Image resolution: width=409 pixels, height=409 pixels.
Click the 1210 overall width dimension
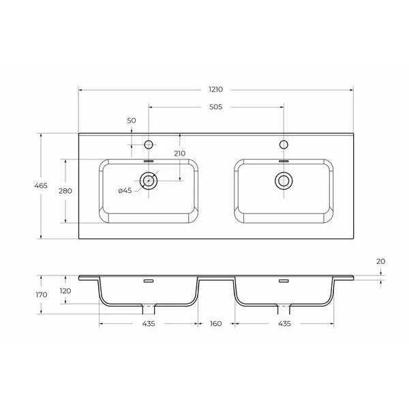[216, 89]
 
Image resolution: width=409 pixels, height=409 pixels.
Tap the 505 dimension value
[216, 107]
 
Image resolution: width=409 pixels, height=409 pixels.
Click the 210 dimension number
[179, 153]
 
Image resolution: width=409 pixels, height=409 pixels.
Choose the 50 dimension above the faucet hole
[131, 121]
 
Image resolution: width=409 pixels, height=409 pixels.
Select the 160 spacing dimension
[216, 323]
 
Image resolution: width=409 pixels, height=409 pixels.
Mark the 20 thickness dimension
[380, 261]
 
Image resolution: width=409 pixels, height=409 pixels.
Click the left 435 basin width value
[149, 323]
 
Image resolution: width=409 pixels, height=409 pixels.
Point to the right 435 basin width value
[284, 323]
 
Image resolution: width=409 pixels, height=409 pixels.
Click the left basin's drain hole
[148, 181]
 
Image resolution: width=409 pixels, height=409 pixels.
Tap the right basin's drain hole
[283, 181]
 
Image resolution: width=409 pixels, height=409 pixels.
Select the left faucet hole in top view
[148, 144]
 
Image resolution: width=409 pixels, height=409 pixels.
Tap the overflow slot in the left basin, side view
[148, 281]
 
